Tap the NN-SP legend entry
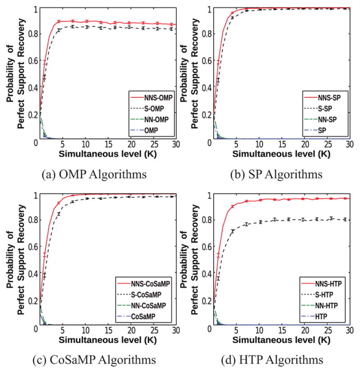pos(328,121)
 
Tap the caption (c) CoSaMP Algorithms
pos(93,360)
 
